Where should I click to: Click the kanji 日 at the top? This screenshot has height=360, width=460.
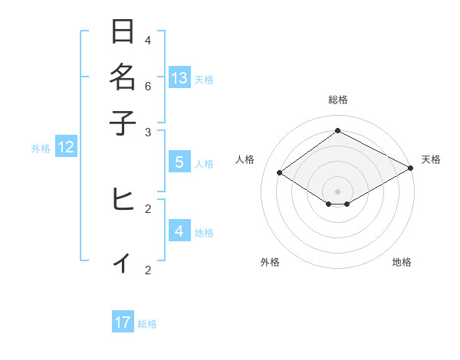(123, 32)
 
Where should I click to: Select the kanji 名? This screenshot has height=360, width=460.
(123, 77)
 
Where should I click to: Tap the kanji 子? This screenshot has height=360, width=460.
(123, 122)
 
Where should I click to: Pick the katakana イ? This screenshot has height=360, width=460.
(123, 263)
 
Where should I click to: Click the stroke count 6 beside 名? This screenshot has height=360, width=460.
(148, 86)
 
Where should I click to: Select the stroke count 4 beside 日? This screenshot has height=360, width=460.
(148, 41)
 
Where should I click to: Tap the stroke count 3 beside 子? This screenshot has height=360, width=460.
(148, 132)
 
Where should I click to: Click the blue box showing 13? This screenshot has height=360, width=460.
(179, 77)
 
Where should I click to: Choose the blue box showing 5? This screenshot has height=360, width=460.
(179, 162)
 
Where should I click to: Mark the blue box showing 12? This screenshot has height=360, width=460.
(66, 148)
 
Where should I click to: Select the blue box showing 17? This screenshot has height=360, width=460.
(123, 322)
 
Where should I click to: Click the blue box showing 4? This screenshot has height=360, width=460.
(179, 231)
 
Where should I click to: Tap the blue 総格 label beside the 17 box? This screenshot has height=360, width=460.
(147, 324)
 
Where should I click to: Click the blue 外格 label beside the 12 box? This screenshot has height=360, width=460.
(41, 149)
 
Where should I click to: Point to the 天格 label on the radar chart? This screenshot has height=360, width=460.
(431, 159)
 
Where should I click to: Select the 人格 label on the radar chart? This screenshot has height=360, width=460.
(245, 159)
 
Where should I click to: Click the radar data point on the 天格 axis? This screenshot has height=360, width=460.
(411, 169)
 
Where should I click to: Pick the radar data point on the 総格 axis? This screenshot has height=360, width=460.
(337, 131)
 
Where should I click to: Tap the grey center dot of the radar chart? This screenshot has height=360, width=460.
(337, 191)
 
